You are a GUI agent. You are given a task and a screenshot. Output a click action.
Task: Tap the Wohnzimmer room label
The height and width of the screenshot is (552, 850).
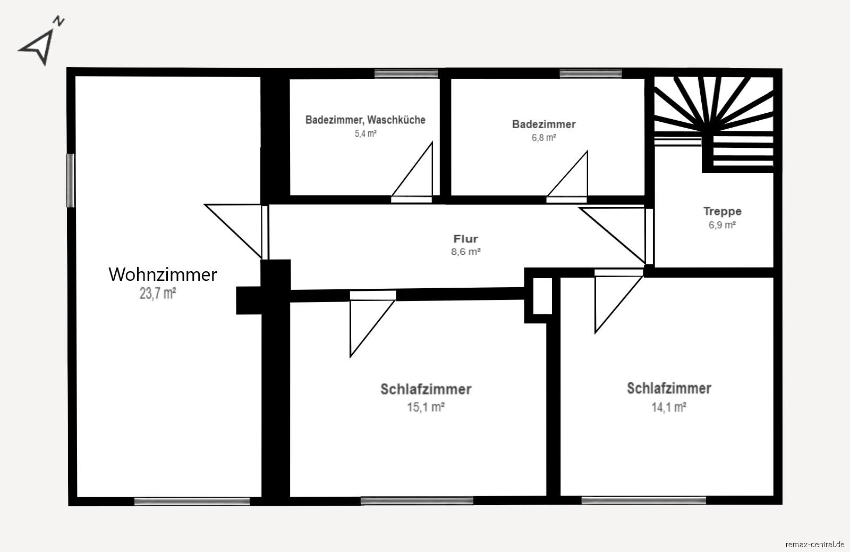click(x=163, y=274)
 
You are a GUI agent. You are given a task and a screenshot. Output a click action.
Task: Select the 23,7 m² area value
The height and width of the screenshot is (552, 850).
click(x=158, y=293)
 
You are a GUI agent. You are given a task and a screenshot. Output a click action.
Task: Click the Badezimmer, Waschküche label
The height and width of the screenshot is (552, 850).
click(x=365, y=120)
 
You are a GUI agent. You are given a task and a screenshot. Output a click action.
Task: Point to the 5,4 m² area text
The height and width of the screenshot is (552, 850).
click(x=365, y=133)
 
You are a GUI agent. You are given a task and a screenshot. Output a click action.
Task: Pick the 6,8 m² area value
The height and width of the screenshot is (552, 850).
click(x=544, y=138)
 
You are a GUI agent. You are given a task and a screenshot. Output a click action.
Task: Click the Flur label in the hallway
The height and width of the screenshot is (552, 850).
click(x=466, y=239)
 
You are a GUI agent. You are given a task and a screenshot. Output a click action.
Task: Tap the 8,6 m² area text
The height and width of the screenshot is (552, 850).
click(x=466, y=252)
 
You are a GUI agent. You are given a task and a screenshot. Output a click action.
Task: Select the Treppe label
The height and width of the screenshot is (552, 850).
click(x=722, y=211)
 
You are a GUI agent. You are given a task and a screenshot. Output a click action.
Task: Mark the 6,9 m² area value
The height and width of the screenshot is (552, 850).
click(x=722, y=225)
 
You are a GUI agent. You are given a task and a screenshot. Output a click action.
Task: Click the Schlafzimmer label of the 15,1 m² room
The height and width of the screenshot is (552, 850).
click(x=426, y=389)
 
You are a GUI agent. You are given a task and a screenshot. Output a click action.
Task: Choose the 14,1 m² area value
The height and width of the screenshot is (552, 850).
click(x=669, y=407)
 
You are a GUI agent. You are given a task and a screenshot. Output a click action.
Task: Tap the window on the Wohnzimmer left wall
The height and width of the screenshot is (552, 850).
click(x=71, y=180)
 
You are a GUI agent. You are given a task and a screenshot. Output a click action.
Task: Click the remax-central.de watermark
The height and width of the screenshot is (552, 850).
click(x=814, y=544)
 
